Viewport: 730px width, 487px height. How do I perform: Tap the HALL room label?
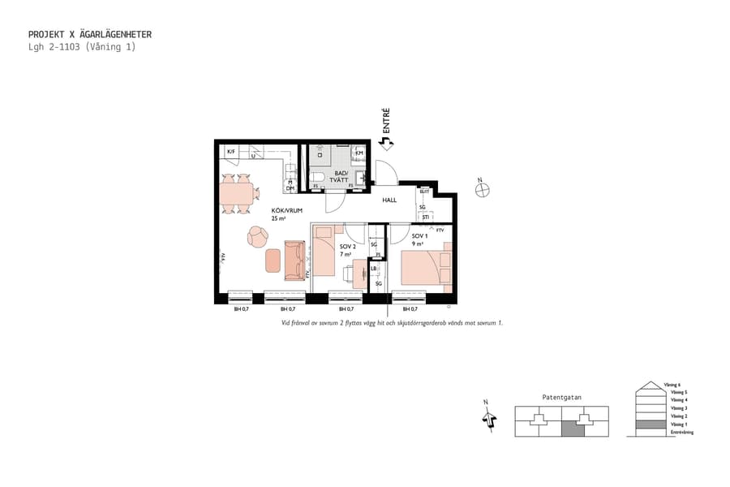(389, 200)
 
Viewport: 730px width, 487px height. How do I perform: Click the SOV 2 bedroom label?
(348, 248)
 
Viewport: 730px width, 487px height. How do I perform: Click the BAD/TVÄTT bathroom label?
(341, 177)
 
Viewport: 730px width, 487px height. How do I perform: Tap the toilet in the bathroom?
(318, 179)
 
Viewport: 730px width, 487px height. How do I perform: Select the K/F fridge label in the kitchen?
(231, 152)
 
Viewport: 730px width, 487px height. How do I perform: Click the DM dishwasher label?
(290, 188)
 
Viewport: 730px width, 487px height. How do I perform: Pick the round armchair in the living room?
(258, 236)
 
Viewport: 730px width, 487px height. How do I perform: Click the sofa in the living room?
(294, 261)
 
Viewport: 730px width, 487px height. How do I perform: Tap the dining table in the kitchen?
(236, 193)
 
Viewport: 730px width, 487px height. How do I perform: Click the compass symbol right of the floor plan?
(483, 190)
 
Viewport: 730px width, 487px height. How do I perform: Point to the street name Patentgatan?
(561, 397)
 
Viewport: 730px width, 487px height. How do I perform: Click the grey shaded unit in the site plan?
(573, 429)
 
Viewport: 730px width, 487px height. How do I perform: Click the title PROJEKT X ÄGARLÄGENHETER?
(90, 35)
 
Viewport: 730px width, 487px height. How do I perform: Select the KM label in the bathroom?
(359, 153)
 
